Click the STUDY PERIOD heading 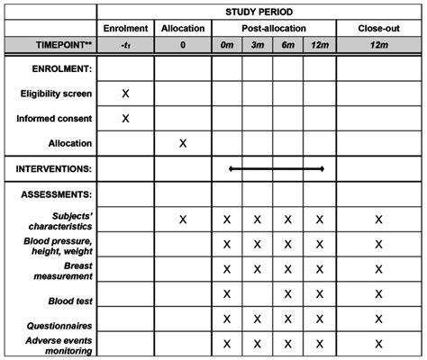(x=260, y=11)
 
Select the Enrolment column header (x=125, y=29)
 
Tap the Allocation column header (x=183, y=29)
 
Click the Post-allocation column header (x=273, y=29)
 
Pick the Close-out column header (x=378, y=29)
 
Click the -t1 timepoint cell (x=125, y=45)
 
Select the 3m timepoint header (x=257, y=45)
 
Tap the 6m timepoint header (x=287, y=45)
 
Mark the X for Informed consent (x=125, y=118)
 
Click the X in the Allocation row (x=183, y=142)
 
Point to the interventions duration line (x=276, y=168)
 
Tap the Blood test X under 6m (x=287, y=293)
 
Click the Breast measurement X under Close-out (x=378, y=269)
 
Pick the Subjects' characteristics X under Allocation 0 (x=183, y=220)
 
